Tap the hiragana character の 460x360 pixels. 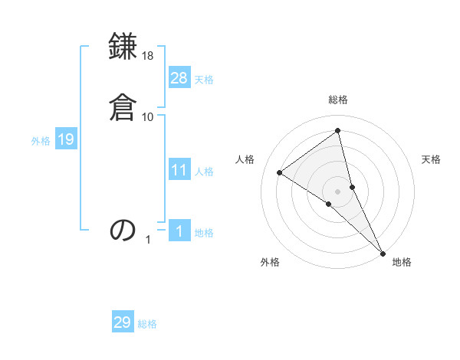tap(123, 229)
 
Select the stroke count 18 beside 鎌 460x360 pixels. tap(148, 57)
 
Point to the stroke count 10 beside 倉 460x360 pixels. tap(148, 116)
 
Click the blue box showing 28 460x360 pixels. tap(179, 78)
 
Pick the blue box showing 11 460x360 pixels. tap(179, 170)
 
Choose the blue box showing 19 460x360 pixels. tap(65, 139)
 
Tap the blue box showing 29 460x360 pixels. tap(123, 322)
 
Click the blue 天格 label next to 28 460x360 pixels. tap(204, 80)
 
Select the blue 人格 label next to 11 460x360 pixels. tap(204, 172)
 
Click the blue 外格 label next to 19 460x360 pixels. tap(41, 141)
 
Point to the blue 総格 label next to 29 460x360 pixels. tap(147, 324)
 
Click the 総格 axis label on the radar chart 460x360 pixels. tap(338, 100)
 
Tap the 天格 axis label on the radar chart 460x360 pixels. tap(431, 159)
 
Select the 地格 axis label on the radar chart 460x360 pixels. tap(402, 262)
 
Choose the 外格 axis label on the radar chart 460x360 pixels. tap(270, 262)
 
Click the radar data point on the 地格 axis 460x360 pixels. tap(382, 252)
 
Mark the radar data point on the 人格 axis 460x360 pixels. tap(280, 172)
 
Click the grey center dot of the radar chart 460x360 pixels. tap(338, 191)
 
